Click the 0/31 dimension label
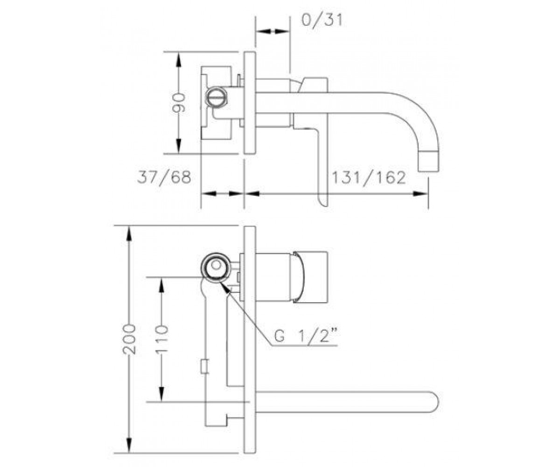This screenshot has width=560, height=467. pyautogui.click(x=322, y=21)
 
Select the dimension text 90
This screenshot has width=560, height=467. pyautogui.click(x=179, y=103)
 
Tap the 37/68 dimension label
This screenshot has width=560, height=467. pyautogui.click(x=164, y=177)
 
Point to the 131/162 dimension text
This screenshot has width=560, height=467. pyautogui.click(x=369, y=177)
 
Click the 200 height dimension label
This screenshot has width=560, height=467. pyautogui.click(x=129, y=340)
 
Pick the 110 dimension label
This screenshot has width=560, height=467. pyautogui.click(x=161, y=339)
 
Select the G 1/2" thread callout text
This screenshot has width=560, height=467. pyautogui.click(x=306, y=336)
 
